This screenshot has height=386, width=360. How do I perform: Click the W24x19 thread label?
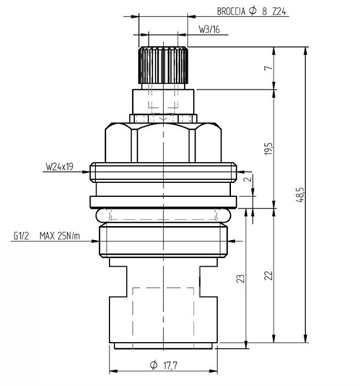point(58,165)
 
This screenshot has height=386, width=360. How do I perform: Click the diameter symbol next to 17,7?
point(154,364)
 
